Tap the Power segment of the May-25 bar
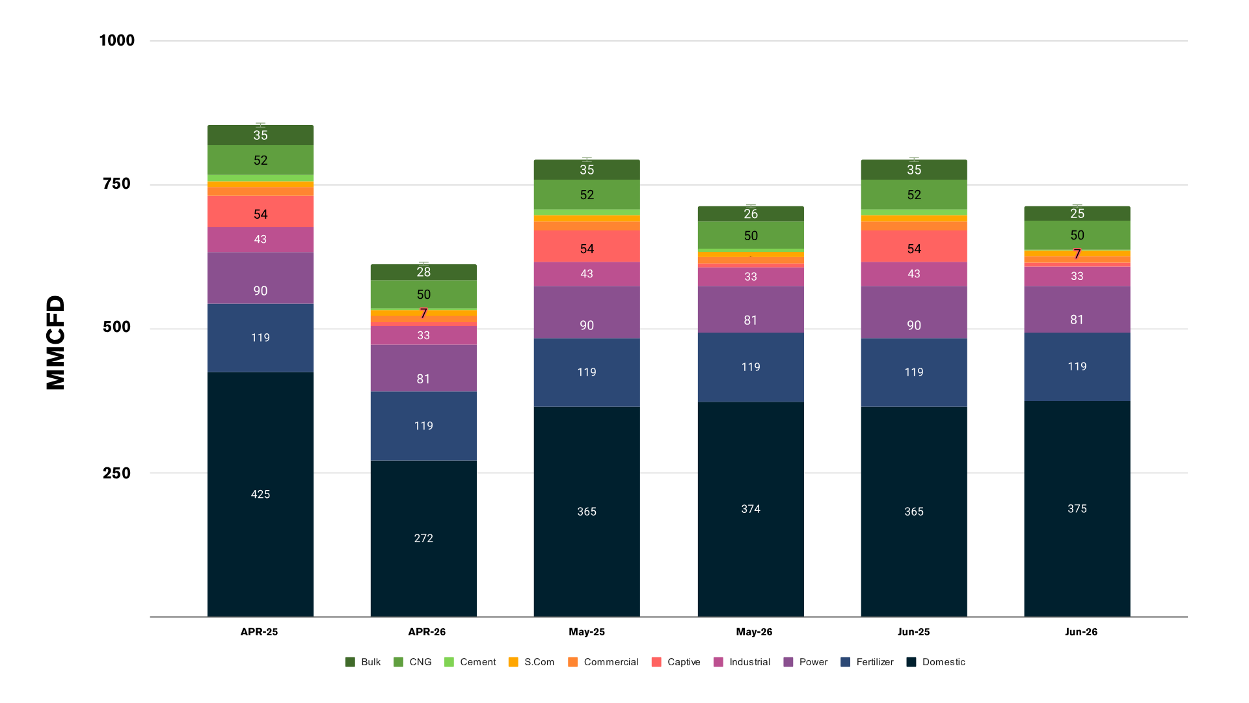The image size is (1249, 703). [587, 312]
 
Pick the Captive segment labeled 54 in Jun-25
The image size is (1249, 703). [914, 246]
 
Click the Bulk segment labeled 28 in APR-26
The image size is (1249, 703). [423, 272]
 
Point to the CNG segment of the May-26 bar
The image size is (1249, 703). [751, 235]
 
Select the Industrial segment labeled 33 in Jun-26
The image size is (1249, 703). [1077, 276]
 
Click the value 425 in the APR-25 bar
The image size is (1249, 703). [260, 494]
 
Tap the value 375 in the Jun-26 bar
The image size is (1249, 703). [1077, 508]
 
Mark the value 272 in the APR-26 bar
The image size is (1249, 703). [423, 538]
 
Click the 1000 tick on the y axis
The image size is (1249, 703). [117, 40]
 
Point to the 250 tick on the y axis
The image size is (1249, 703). [117, 473]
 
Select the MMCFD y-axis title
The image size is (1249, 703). [56, 342]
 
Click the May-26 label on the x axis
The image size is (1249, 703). [754, 631]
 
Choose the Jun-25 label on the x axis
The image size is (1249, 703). [913, 631]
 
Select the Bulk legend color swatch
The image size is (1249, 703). [350, 662]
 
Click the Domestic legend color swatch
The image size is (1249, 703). [911, 662]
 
